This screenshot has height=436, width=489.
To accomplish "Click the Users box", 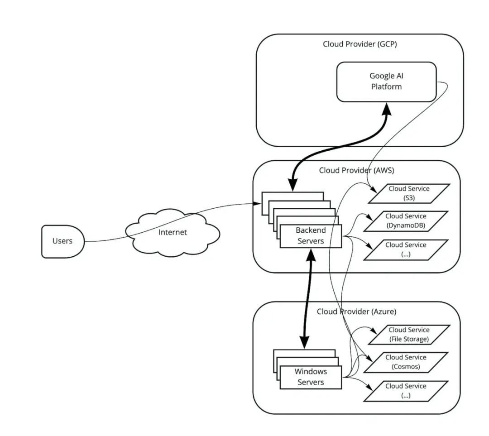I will (62, 241).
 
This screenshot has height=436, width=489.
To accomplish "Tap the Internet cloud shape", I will (173, 232).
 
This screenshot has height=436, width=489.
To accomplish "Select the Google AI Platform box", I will (386, 81).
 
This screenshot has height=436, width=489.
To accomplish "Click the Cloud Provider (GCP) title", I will (360, 44).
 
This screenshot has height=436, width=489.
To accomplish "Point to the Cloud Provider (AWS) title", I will (356, 171).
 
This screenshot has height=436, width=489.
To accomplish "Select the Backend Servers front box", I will (311, 236).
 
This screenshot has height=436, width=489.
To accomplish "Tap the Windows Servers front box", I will (311, 377).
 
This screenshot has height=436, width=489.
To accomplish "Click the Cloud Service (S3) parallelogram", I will (408, 193).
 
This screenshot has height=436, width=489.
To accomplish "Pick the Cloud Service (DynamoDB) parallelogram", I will (406, 221).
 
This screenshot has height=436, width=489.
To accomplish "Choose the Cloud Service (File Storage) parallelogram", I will (408, 335).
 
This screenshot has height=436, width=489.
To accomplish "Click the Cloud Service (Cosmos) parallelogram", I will (406, 362).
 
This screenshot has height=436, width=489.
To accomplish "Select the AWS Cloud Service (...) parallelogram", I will (406, 249).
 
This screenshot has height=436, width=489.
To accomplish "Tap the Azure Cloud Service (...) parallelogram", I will (406, 390).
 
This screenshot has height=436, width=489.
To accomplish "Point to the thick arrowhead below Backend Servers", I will (311, 256).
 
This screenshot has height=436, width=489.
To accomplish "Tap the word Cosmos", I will (406, 366).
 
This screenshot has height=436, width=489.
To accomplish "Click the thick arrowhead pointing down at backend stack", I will (293, 183).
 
